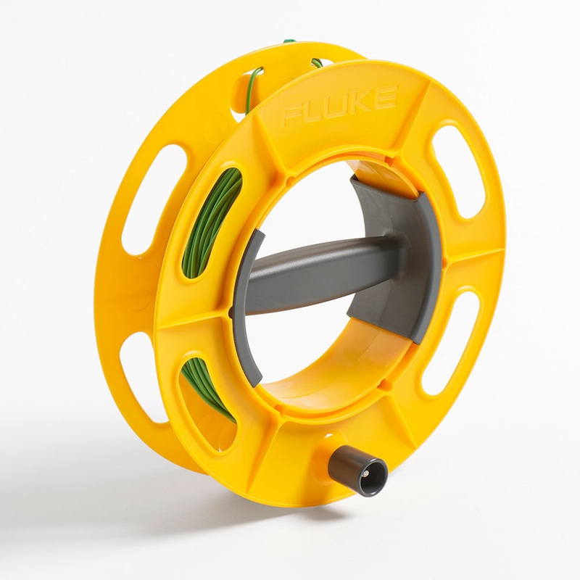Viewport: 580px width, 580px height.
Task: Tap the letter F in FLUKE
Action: coord(291,115)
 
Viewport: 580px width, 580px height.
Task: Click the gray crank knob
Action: coord(357,471)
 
